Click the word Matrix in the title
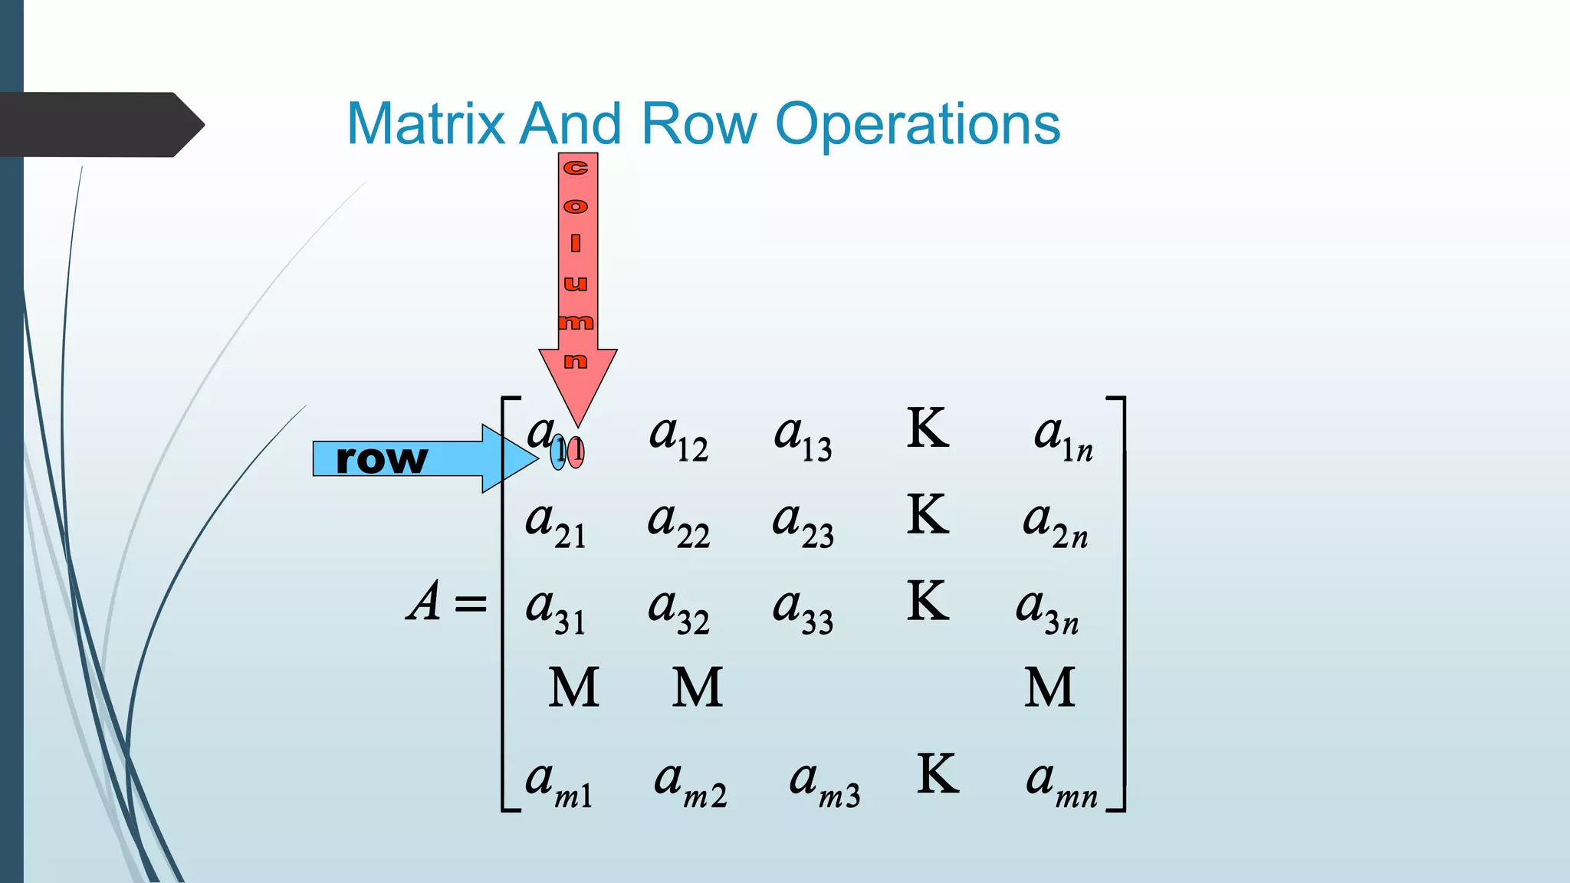point(426,124)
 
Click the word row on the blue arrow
point(382,459)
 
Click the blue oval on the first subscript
point(558,451)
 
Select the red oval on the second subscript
point(576,452)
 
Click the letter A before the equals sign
point(425,601)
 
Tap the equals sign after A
point(471,603)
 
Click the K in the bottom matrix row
point(938,774)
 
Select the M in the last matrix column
point(1049,687)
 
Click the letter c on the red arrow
point(576,168)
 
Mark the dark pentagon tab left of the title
point(100,125)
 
